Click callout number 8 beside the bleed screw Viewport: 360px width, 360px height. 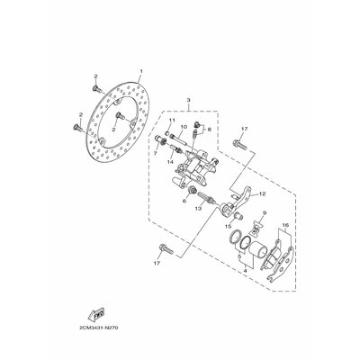[x=208, y=130]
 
